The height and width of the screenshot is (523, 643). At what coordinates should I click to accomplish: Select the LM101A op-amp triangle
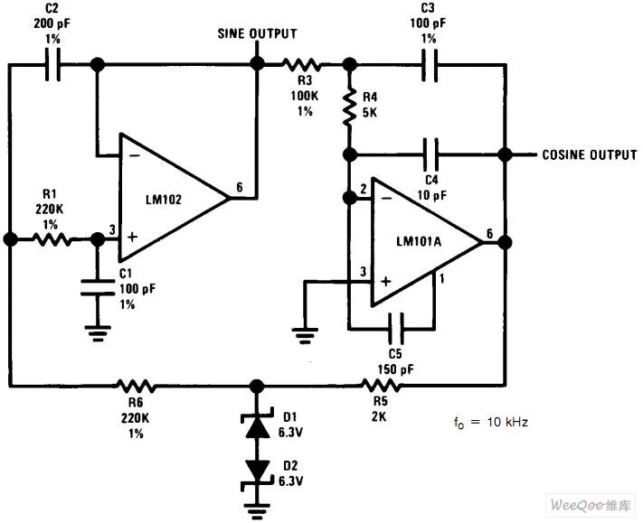coord(421,239)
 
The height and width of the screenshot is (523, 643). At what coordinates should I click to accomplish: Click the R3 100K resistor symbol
coord(301,64)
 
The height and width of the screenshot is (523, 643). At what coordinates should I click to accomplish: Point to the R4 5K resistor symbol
coord(348,107)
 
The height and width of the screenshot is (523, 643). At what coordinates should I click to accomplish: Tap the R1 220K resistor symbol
coord(52,239)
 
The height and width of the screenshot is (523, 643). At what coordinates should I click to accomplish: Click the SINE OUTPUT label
coord(257,34)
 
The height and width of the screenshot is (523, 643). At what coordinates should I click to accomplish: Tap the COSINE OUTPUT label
coord(589,154)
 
